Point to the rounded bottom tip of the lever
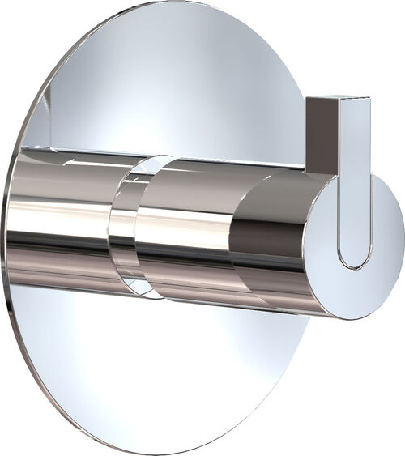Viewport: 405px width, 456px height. (x=354, y=263)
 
